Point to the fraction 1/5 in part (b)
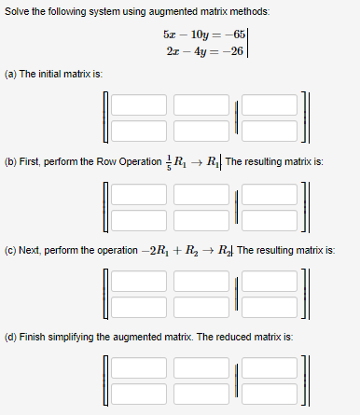pos(167,160)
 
